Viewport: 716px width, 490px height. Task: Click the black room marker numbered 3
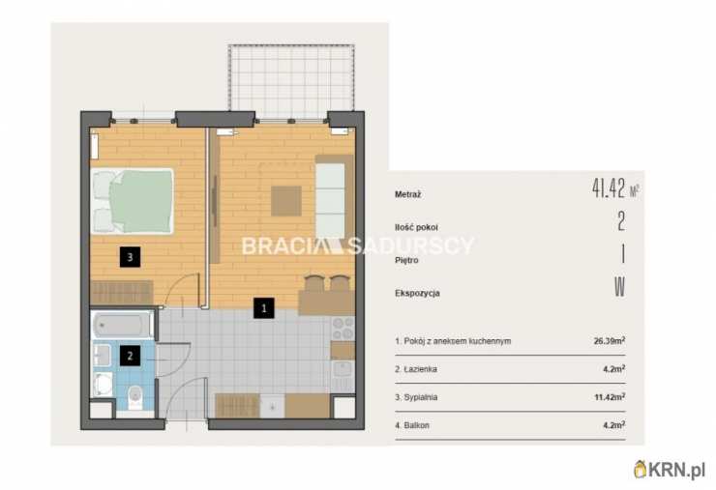[130, 257]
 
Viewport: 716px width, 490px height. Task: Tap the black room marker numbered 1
[264, 308]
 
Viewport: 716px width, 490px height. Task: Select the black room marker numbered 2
[130, 356]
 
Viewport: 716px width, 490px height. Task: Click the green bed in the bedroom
[133, 201]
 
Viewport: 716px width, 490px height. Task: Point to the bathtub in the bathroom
[123, 325]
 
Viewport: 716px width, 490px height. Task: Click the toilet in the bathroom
[135, 396]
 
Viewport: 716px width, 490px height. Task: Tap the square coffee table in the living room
[286, 201]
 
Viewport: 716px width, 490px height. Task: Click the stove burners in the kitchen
[343, 328]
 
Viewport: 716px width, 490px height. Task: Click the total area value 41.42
[609, 187]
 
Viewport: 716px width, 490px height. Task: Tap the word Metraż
[407, 194]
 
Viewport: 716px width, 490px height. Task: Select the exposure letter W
[619, 286]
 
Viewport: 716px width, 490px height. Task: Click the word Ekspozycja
[417, 293]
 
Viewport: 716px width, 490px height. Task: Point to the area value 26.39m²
[610, 340]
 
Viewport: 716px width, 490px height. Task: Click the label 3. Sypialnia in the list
[416, 397]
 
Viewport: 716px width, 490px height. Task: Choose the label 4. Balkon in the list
[412, 425]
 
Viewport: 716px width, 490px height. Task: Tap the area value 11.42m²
[610, 397]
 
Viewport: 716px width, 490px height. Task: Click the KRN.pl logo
[670, 470]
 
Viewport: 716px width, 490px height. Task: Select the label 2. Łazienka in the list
[415, 368]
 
